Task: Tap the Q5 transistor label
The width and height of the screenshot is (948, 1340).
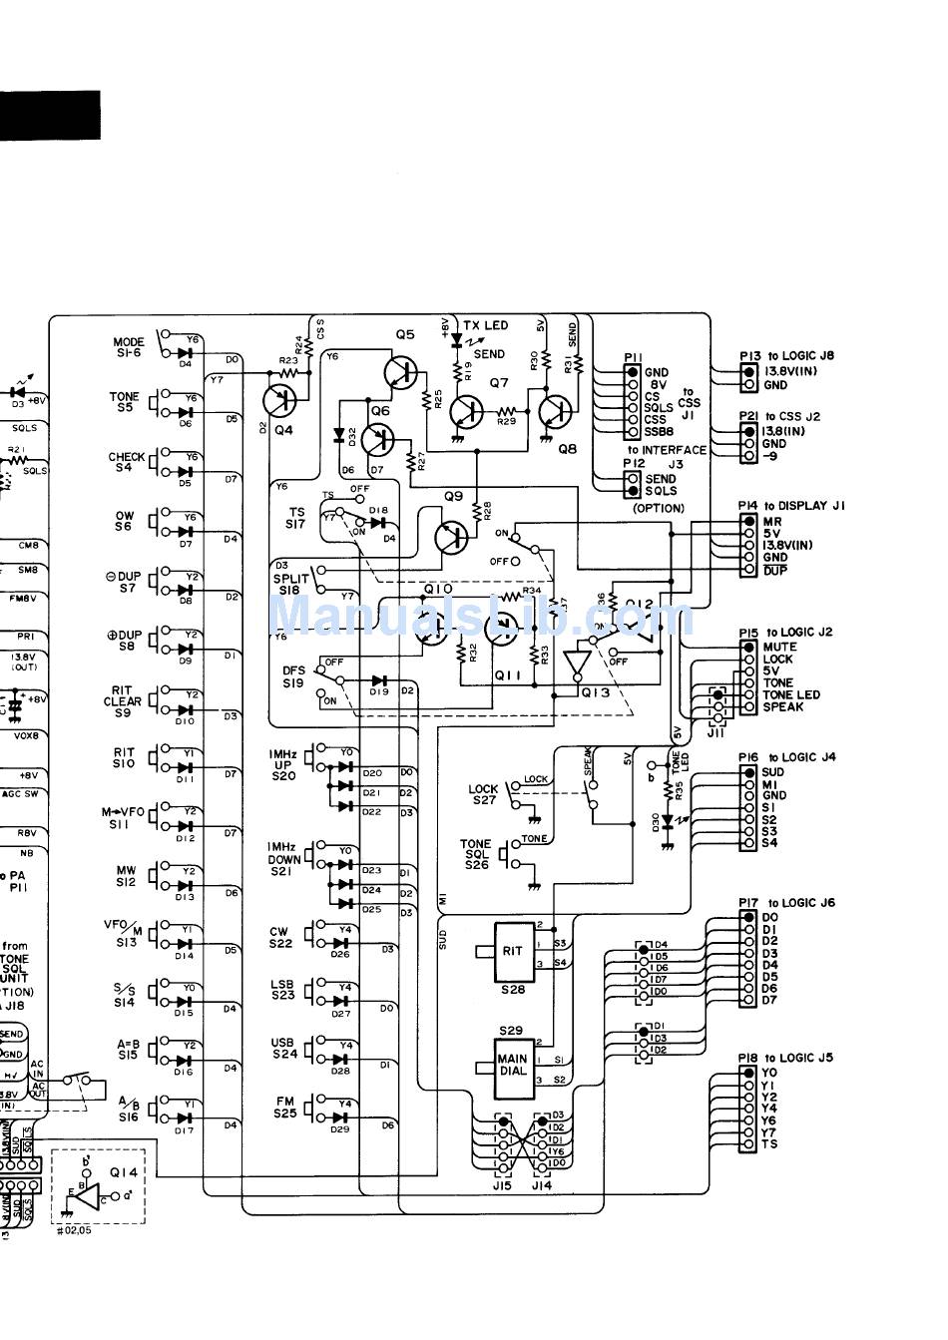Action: (404, 335)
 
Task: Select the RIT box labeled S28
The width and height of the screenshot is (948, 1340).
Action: (512, 951)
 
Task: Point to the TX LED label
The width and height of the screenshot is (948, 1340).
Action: (485, 325)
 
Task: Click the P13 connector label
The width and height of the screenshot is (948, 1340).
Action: (749, 355)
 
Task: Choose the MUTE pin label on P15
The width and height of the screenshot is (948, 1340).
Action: (779, 647)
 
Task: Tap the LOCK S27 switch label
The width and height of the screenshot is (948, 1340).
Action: (483, 794)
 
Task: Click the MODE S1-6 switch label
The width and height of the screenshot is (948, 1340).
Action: (128, 347)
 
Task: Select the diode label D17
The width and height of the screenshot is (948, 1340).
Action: (184, 1131)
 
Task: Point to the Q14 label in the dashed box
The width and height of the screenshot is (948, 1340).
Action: (124, 1173)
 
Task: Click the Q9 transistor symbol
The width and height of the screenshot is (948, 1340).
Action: (452, 537)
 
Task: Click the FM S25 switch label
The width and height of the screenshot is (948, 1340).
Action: (284, 1108)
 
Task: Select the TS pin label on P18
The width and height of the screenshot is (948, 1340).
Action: (768, 1144)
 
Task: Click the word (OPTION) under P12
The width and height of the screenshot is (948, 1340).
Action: (659, 508)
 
